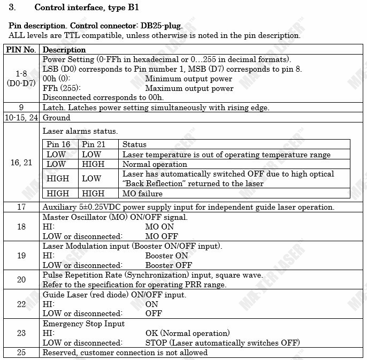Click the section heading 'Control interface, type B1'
pyautogui.click(x=87, y=7)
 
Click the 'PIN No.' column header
pyautogui.click(x=21, y=50)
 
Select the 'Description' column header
pyautogui.click(x=64, y=50)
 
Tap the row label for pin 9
pyautogui.click(x=21, y=108)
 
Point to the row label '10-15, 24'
pyautogui.click(x=21, y=117)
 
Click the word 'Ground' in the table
pyautogui.click(x=56, y=117)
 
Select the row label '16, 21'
pyautogui.click(x=21, y=163)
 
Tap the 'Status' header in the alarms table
pyautogui.click(x=134, y=144)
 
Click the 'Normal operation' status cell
pyautogui.click(x=155, y=164)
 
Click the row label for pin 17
pyautogui.click(x=21, y=206)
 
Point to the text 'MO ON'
pyautogui.click(x=159, y=226)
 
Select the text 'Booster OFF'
pyautogui.click(x=169, y=265)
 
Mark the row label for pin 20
pyautogui.click(x=21, y=279)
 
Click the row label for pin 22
pyautogui.click(x=21, y=303)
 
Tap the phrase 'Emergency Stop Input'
pyautogui.click(x=83, y=323)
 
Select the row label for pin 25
pyautogui.click(x=21, y=352)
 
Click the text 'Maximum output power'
pyautogui.click(x=189, y=88)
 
